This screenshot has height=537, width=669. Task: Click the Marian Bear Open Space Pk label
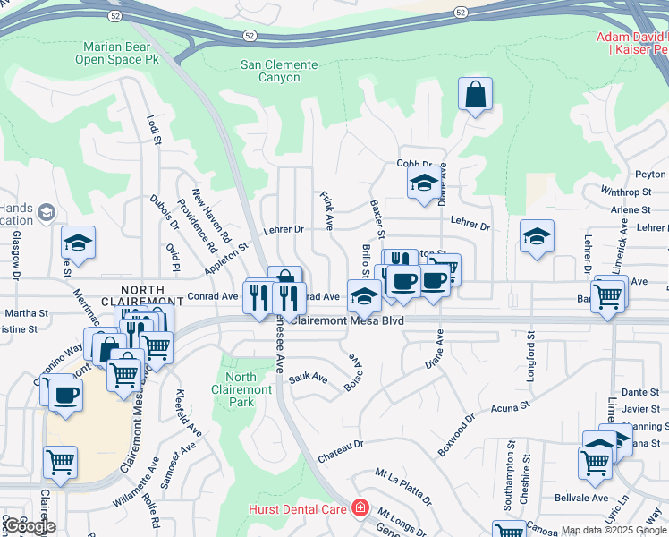[120, 53]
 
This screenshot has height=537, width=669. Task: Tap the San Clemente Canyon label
[279, 71]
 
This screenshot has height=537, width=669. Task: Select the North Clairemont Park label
[241, 389]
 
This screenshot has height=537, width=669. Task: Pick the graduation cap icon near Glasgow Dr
[79, 243]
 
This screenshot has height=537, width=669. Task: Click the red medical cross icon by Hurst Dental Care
[360, 507]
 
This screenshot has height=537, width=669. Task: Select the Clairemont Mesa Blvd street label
[348, 320]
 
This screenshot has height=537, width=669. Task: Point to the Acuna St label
[511, 408]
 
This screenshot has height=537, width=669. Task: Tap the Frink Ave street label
[327, 209]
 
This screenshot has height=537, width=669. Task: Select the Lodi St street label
[154, 128]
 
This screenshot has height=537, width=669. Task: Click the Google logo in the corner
[30, 526]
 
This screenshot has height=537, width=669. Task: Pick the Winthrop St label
[626, 192]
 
